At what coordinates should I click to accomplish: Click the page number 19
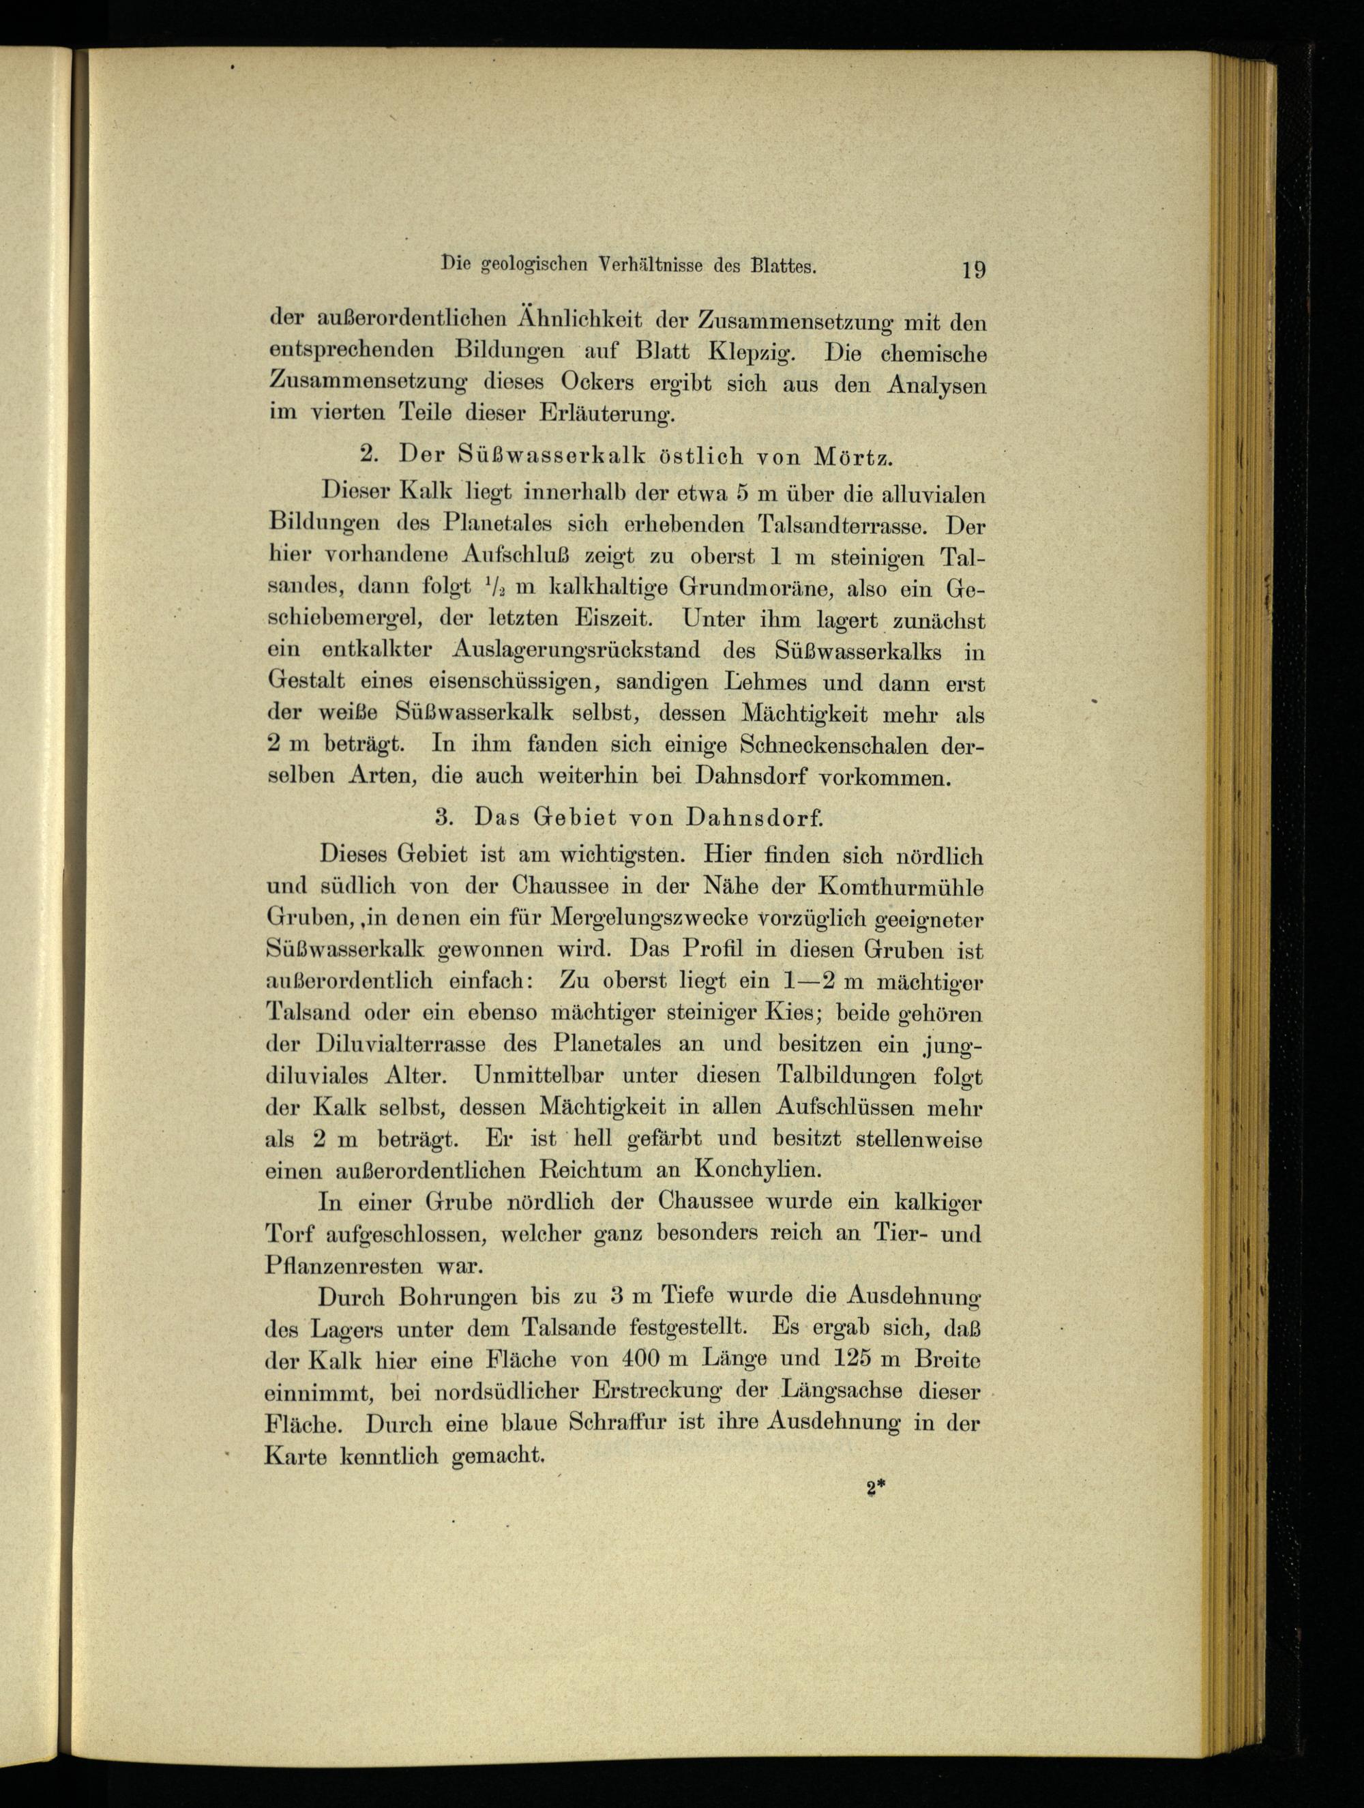click(x=973, y=269)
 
